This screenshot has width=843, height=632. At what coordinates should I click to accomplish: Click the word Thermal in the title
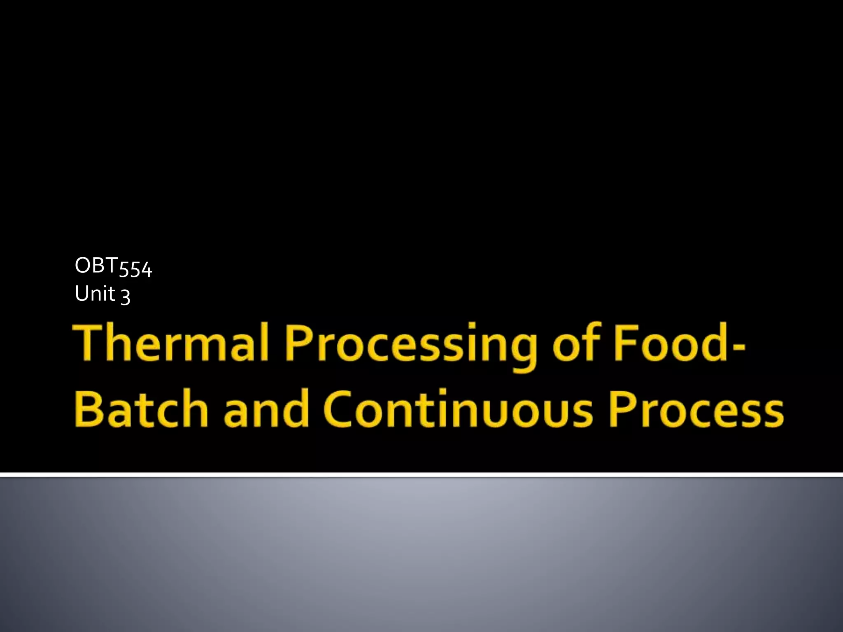171,342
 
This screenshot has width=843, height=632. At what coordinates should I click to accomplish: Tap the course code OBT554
114,266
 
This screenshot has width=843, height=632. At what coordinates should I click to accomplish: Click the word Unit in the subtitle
95,294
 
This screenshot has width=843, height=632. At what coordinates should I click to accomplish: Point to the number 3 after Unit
126,296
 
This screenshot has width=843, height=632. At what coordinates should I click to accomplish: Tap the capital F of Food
622,342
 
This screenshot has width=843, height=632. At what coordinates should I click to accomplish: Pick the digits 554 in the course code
135,269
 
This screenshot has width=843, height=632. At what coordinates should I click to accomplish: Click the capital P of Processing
298,342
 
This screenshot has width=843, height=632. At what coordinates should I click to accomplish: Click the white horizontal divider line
421,475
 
